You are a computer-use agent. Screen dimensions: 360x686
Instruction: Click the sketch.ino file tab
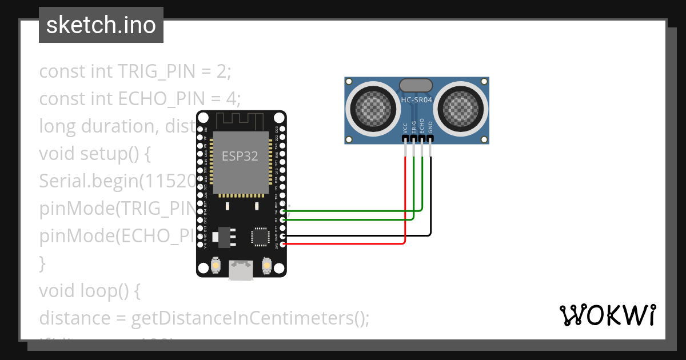click(x=101, y=25)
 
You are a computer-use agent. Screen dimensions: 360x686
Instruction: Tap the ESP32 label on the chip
click(x=240, y=156)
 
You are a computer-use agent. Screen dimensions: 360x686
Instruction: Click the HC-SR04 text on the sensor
click(x=416, y=99)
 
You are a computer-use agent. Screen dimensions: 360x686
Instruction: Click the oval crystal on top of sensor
click(x=416, y=85)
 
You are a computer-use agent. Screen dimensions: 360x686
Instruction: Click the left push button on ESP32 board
click(x=216, y=265)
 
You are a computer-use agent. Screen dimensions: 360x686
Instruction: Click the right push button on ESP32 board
click(x=266, y=265)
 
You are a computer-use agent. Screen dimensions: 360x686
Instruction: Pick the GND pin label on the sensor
click(x=430, y=127)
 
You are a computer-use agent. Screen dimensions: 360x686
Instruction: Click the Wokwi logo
click(x=607, y=315)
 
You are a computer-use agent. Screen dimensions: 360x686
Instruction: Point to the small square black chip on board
click(x=260, y=237)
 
